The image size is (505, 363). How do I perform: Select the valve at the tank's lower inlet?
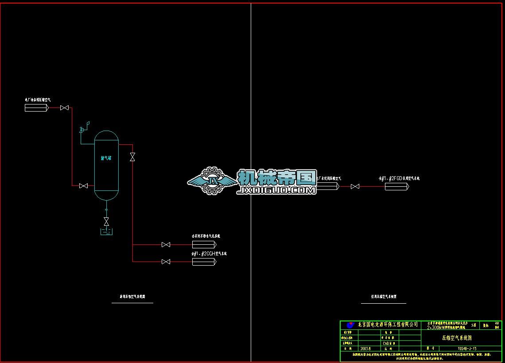83,186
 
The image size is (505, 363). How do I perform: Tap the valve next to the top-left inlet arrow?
65,108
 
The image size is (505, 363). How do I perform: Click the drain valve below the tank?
106,220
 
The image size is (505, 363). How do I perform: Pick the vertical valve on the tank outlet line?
132,157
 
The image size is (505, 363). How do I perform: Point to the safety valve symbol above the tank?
82,130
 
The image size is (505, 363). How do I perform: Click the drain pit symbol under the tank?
106,232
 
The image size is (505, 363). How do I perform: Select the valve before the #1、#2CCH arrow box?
166,262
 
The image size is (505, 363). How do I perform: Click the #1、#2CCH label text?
209,254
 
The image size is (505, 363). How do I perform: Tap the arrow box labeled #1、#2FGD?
396,187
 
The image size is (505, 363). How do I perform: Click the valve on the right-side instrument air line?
355,187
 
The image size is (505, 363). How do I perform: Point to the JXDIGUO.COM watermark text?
277,190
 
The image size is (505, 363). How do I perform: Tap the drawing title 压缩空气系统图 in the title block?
457,337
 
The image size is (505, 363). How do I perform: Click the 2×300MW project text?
447,327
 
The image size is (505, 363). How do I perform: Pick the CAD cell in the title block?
386,343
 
